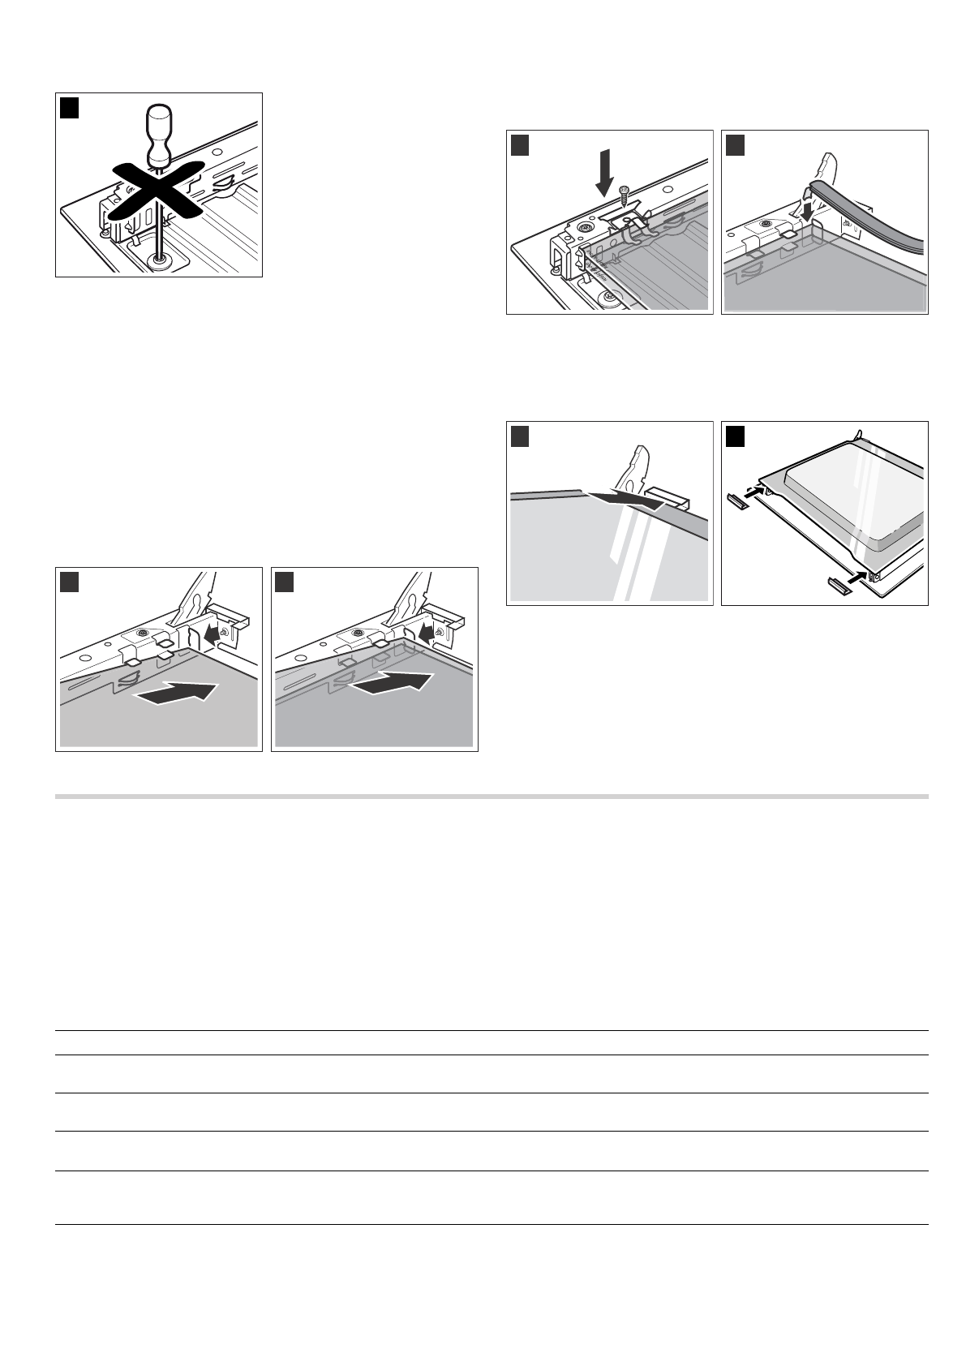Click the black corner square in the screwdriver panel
70,107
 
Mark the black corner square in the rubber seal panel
735,144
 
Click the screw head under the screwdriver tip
160,261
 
